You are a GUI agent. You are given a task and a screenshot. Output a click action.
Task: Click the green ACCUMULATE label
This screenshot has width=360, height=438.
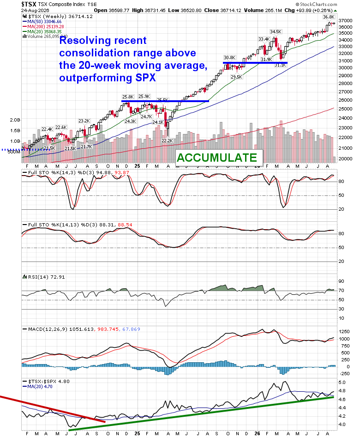[217, 158]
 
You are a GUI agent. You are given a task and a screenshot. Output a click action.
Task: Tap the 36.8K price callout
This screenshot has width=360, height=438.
[329, 17]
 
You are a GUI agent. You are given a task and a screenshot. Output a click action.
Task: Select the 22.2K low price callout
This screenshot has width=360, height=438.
[167, 141]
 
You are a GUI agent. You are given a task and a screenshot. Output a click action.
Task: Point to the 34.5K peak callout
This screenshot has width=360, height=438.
[276, 32]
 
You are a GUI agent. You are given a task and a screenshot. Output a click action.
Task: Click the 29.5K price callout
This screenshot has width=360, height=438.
[236, 77]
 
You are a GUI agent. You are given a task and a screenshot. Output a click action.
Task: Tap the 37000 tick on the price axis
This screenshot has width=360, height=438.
[346, 21]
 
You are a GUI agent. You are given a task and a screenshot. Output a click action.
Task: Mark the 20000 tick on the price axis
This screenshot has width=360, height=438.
[346, 158]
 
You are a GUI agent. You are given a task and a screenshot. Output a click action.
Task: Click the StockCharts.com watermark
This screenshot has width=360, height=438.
[316, 4]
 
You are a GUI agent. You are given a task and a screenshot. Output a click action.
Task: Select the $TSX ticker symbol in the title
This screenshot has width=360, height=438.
[29, 4]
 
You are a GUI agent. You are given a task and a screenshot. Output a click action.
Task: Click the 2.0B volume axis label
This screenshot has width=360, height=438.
[15, 120]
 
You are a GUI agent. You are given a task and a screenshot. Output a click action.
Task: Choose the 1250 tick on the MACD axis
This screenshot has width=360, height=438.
[344, 332]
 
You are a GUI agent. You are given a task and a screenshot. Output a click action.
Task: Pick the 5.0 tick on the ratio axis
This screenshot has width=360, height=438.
[342, 383]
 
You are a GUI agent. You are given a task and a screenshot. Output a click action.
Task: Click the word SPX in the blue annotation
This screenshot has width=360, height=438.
[145, 78]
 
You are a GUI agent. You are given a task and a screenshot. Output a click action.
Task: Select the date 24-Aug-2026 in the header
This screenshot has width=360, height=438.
[35, 10]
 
